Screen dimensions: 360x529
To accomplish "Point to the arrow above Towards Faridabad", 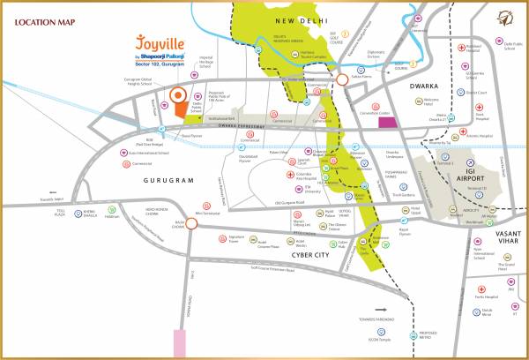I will pyautogui.click(x=383, y=311).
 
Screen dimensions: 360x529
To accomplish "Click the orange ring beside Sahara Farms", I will pyautogui.click(x=342, y=80).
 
